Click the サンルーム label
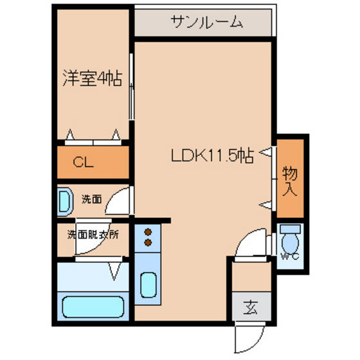208,23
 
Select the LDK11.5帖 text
213,156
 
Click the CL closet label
83,162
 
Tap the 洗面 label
91,199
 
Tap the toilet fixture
290,239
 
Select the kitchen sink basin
148,285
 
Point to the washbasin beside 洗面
64,202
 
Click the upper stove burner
147,231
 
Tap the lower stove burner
147,243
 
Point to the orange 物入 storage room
290,177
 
